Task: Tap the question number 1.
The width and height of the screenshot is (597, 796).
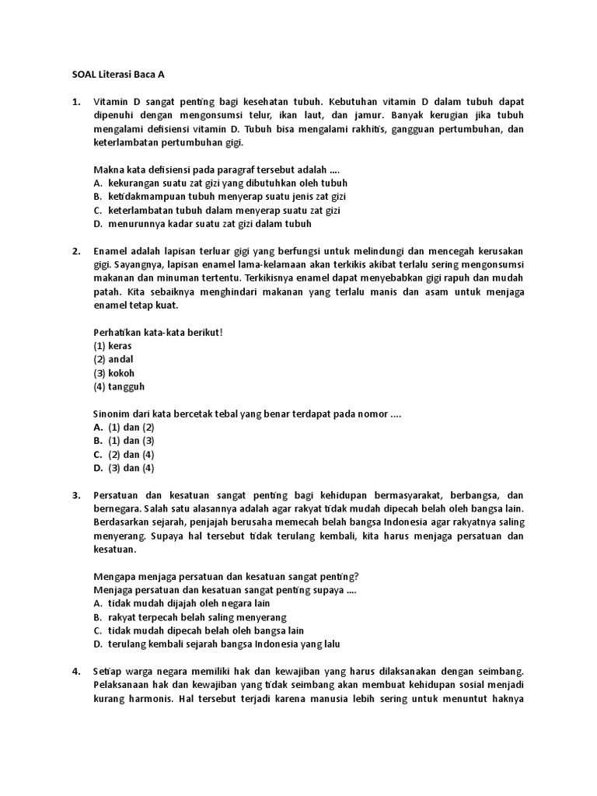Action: coord(76,102)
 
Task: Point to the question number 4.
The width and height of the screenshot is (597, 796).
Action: coord(76,671)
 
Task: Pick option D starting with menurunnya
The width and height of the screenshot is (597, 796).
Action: coord(202,224)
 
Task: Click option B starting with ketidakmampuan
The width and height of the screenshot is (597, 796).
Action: coord(220,196)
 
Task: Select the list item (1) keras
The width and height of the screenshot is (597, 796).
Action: coord(113,344)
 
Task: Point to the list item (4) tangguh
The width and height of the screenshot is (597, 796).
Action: coord(119,386)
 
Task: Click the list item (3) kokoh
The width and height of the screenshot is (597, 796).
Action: coord(114,372)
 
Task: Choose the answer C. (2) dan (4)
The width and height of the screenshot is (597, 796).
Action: coord(124,454)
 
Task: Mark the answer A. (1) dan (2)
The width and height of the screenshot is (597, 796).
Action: coord(124,427)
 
